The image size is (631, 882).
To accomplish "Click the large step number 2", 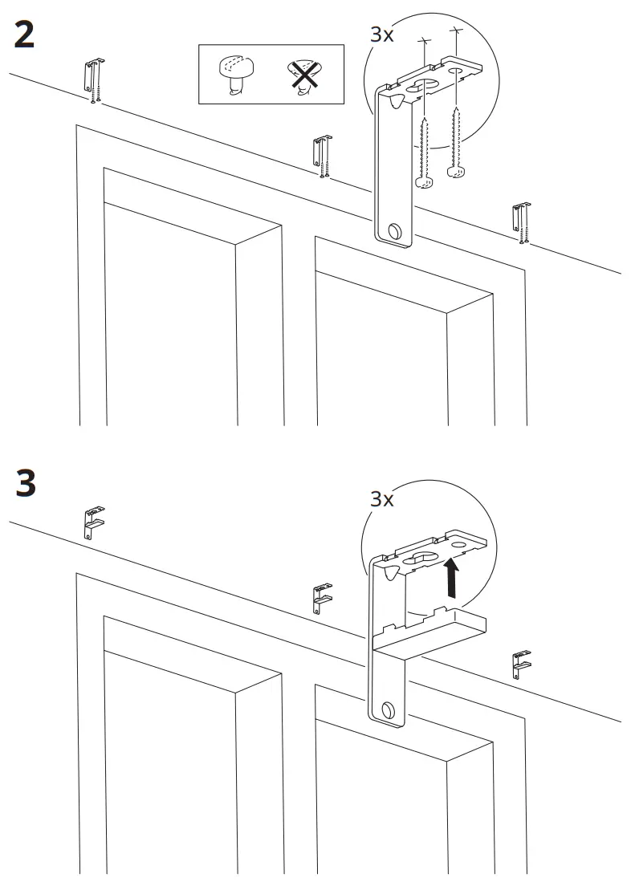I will tap(25, 35).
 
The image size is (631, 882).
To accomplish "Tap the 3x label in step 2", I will tap(382, 35).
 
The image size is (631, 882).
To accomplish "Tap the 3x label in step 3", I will tap(382, 498).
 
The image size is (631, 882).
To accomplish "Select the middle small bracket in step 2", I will tap(323, 156).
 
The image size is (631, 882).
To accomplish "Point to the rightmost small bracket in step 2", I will tap(523, 222).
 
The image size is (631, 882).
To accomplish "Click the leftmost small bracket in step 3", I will tap(94, 522).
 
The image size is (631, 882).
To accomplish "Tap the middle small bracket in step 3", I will tap(322, 599).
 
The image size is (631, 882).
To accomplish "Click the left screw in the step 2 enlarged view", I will tap(423, 152).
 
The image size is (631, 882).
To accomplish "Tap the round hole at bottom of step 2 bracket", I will tap(394, 231).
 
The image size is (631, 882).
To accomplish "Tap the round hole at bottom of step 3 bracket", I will tap(389, 709).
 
